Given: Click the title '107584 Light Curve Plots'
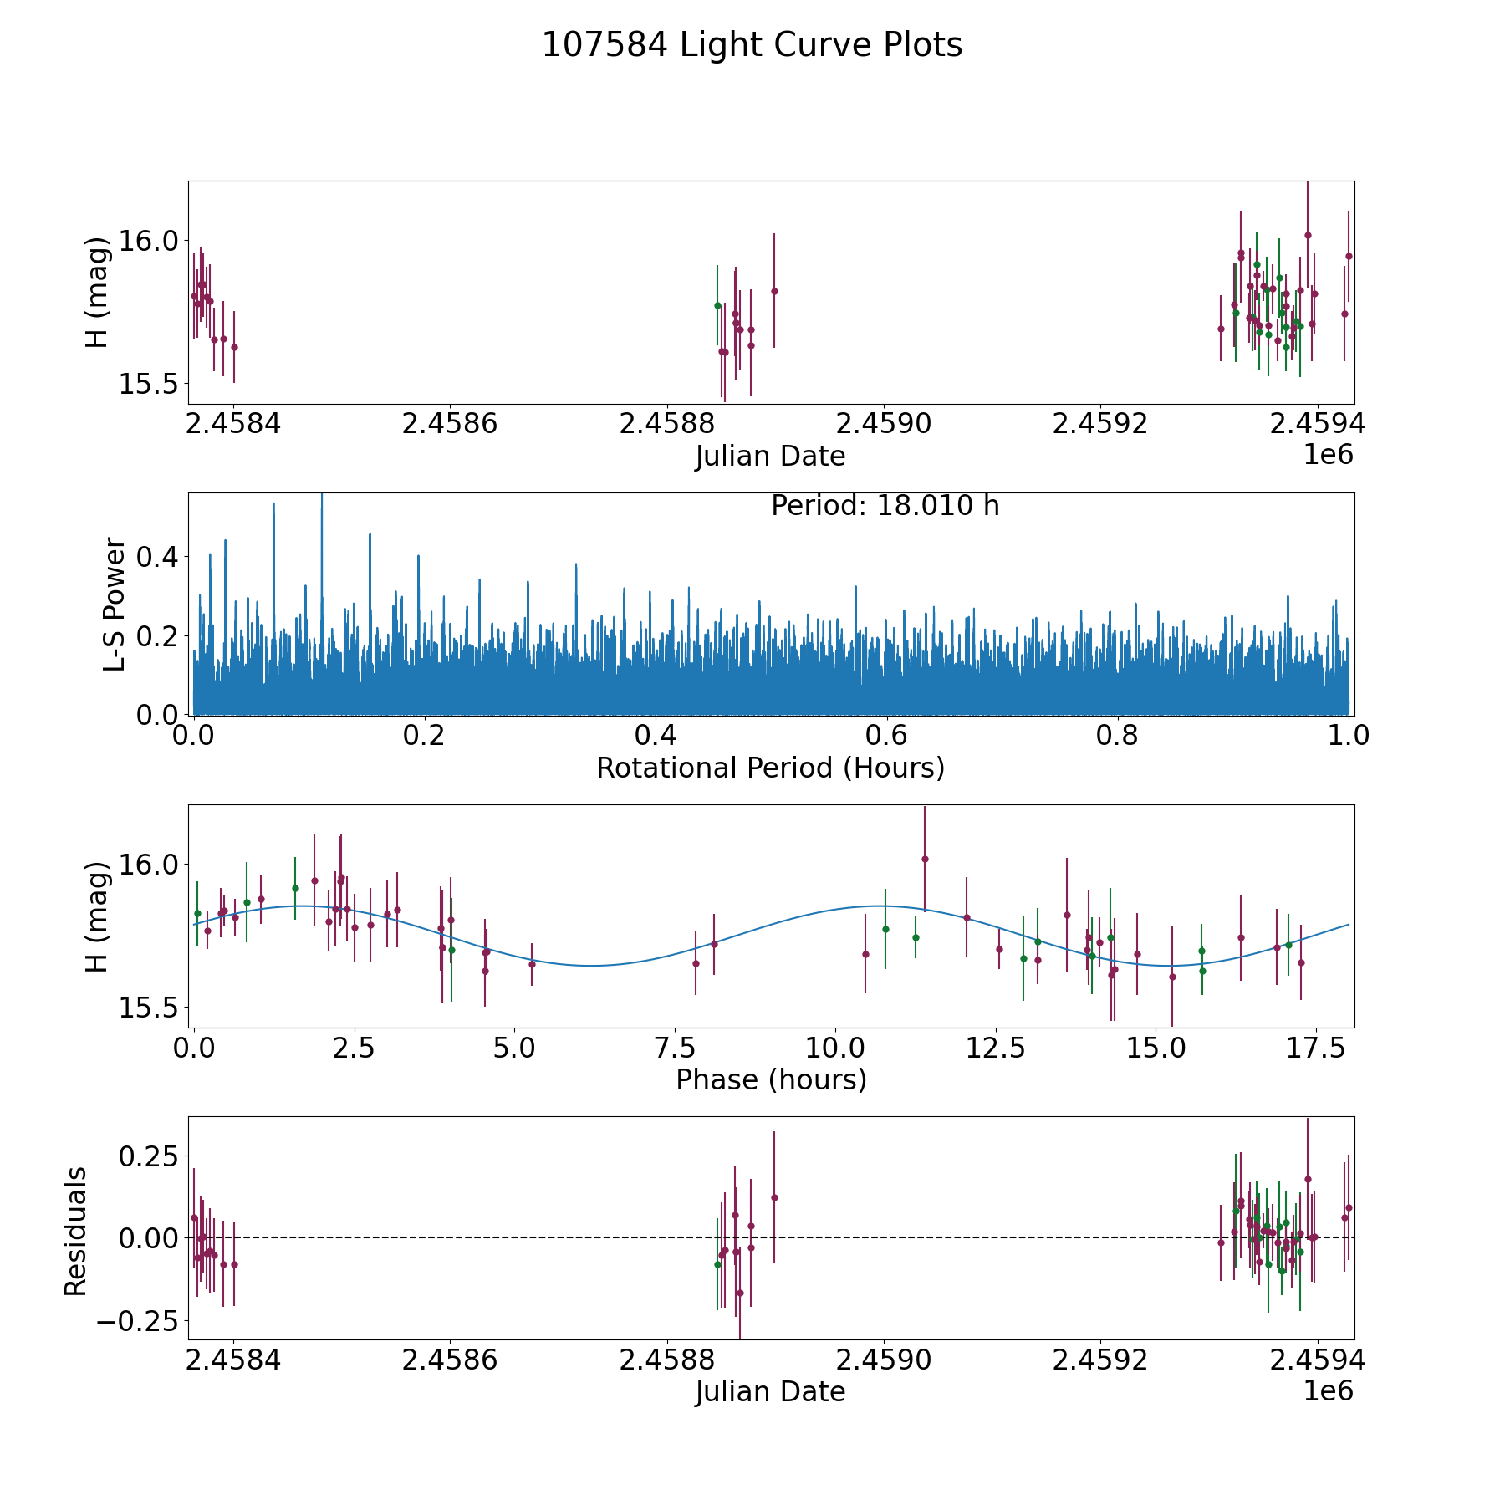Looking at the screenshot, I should [752, 45].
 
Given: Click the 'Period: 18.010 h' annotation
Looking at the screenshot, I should [885, 506].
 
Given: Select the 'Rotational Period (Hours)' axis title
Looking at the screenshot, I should [770, 768].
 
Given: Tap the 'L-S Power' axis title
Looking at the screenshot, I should [115, 605].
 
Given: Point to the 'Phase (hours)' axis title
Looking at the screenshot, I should [770, 1079].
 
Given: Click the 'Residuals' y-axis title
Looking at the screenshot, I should [76, 1231].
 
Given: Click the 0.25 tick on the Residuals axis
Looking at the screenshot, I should [150, 1156].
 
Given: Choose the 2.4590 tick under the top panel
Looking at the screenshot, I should [883, 424].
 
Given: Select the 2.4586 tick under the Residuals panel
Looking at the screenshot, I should [449, 1360].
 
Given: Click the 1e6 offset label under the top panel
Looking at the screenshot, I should [1328, 454].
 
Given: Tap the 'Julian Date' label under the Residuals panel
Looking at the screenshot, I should [770, 1391].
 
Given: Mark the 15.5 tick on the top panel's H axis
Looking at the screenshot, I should [150, 384].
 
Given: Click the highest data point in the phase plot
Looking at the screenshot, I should [925, 859].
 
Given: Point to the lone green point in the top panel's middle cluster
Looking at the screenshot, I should [717, 305].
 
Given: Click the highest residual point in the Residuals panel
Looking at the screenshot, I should [1308, 1179].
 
